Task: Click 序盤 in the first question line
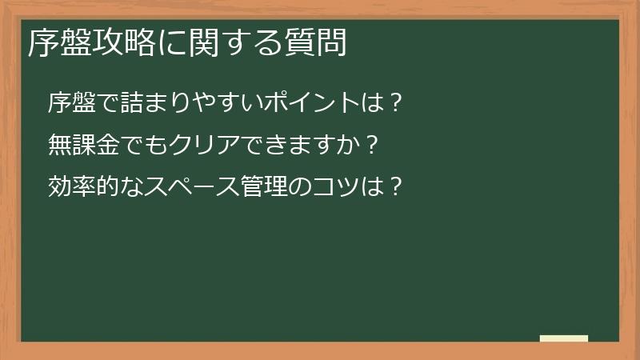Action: (x=67, y=102)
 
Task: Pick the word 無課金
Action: (x=78, y=145)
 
